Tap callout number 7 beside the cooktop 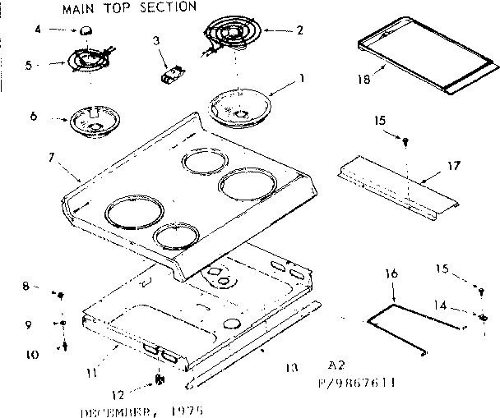click(51, 156)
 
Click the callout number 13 click(289, 368)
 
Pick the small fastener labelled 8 click(60, 293)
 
